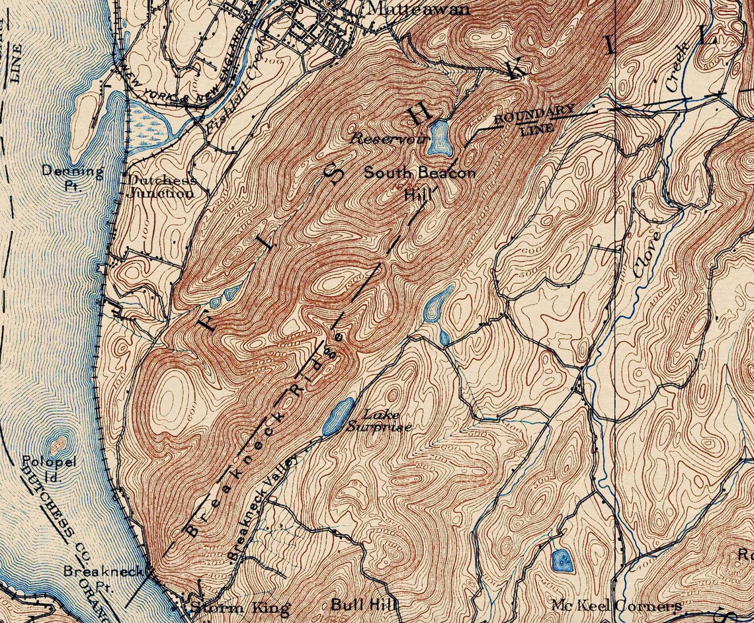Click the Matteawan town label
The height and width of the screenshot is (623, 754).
(x=417, y=9)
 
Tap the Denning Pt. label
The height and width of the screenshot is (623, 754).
(x=73, y=177)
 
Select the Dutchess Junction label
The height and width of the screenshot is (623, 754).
(x=161, y=187)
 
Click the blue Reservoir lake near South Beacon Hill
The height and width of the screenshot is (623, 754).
(x=439, y=138)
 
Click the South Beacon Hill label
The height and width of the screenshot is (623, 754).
(x=419, y=179)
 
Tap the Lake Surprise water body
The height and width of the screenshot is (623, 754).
(x=337, y=416)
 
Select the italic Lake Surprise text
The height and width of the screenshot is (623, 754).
(x=379, y=421)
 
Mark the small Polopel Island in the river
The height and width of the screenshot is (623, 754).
(x=58, y=441)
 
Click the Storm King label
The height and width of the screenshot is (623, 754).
(x=239, y=608)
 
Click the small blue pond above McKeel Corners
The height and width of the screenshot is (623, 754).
(x=560, y=560)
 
